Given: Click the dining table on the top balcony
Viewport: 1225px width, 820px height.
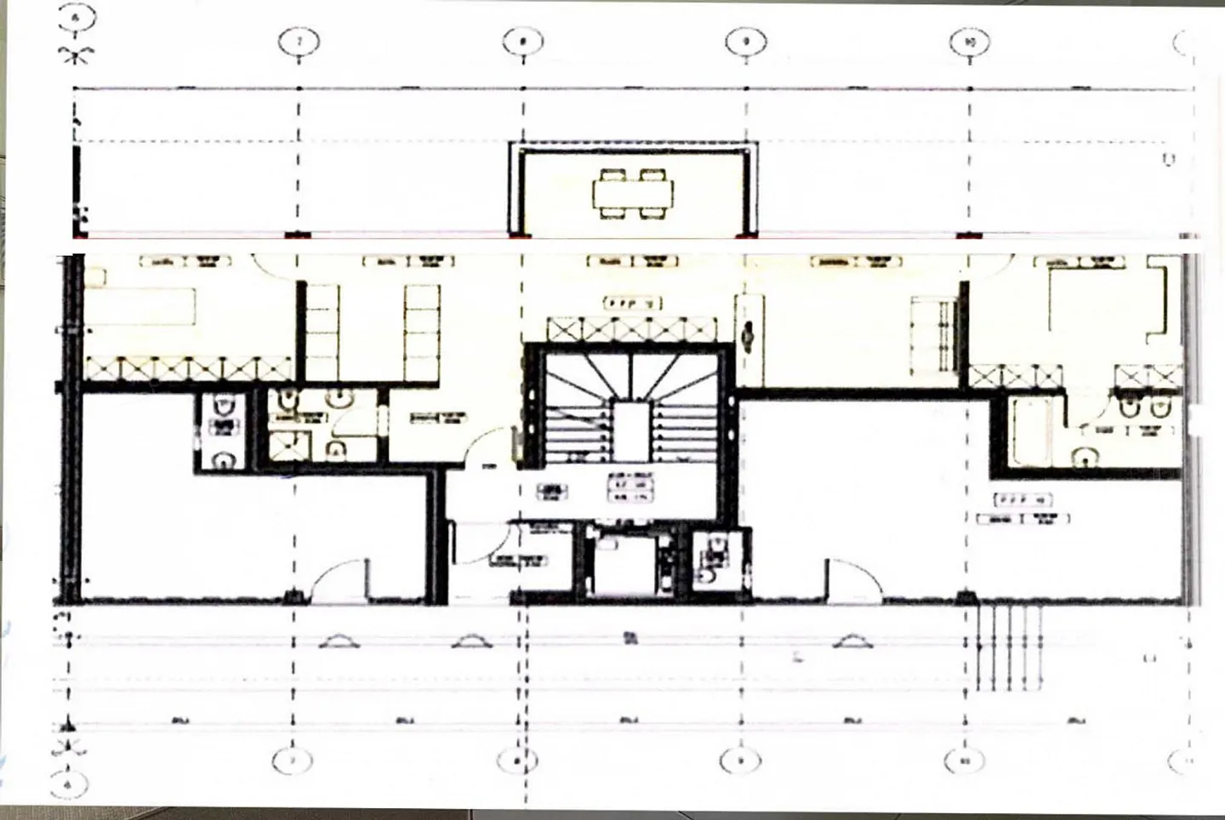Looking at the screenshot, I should pos(633,194).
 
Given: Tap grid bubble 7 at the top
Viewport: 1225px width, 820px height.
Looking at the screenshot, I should pos(299,42).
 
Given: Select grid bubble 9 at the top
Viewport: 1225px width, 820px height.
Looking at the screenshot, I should pos(746,42).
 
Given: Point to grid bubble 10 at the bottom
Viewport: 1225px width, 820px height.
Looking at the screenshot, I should pos(965,760).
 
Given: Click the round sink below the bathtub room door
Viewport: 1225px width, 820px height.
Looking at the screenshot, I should pos(1086,458).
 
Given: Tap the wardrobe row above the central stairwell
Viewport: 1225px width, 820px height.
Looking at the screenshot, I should pos(631,329).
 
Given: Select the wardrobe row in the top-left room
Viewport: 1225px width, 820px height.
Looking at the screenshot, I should pos(187,368).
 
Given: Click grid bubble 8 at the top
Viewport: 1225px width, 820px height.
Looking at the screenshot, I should pos(522,42).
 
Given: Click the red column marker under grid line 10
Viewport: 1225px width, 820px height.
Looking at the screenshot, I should pos(969,236).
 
